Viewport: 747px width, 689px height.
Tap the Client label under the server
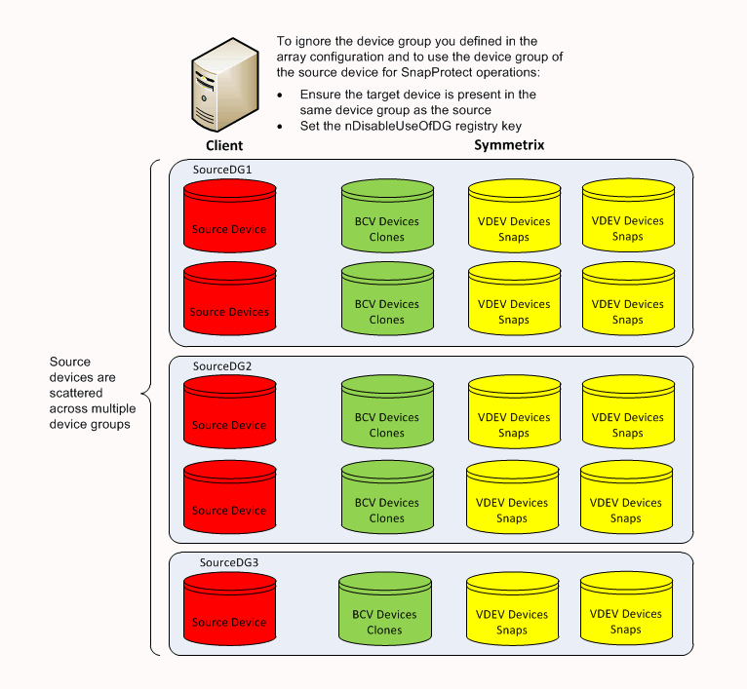click(x=223, y=145)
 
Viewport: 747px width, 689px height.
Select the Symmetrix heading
click(x=508, y=145)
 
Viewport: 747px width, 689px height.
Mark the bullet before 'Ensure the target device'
click(x=281, y=96)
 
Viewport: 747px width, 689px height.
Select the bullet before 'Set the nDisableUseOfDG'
click(x=281, y=127)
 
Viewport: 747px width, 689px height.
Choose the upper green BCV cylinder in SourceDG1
click(x=386, y=221)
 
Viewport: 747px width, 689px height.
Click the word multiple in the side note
click(x=107, y=408)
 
